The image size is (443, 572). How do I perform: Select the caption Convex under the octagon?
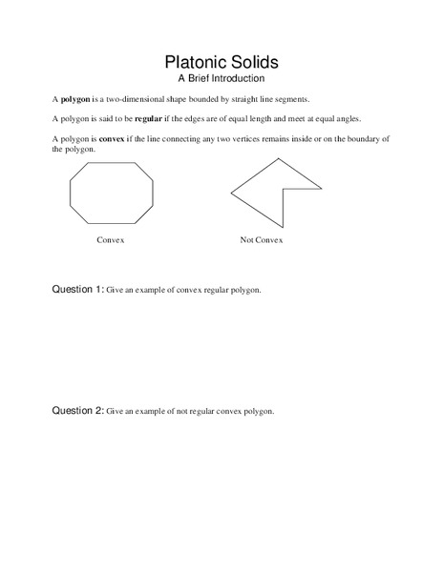click(111, 240)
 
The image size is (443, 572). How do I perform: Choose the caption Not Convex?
click(262, 240)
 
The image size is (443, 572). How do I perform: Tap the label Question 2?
click(76, 411)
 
